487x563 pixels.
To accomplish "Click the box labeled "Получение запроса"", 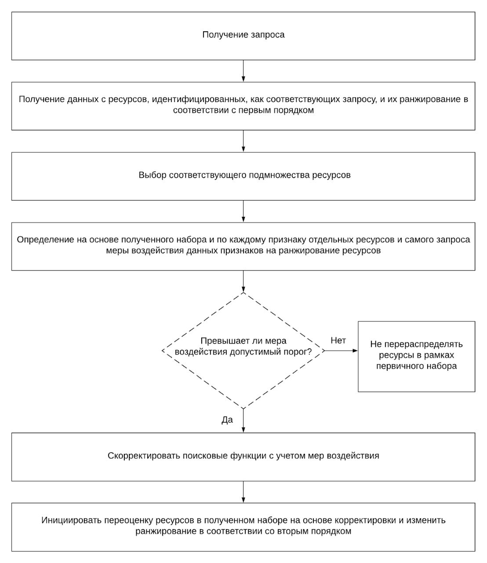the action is click(243, 36).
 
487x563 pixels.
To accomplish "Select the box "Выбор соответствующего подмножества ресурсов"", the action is click(243, 176).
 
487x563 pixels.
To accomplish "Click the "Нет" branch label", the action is click(338, 340).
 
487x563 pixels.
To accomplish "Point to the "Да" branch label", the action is click(227, 420).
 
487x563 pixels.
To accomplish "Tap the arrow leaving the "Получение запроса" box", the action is click(243, 71).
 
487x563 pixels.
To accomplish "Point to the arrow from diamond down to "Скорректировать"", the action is click(243, 421).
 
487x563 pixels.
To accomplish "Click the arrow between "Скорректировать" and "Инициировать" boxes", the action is click(243, 492).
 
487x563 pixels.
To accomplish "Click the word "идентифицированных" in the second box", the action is click(199, 99).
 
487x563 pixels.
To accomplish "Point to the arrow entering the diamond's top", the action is click(243, 281).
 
